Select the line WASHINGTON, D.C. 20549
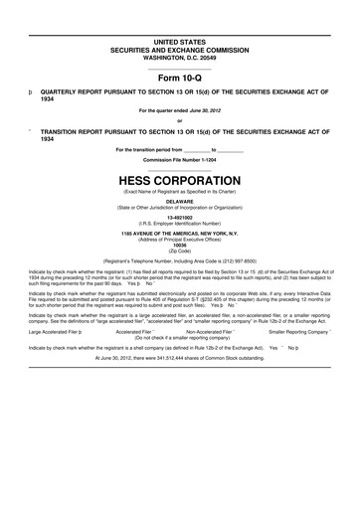180,56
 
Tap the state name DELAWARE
180,200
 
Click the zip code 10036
180,246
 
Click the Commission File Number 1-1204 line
180,159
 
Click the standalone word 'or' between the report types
180,121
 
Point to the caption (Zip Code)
180,251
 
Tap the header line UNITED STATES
180,42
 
